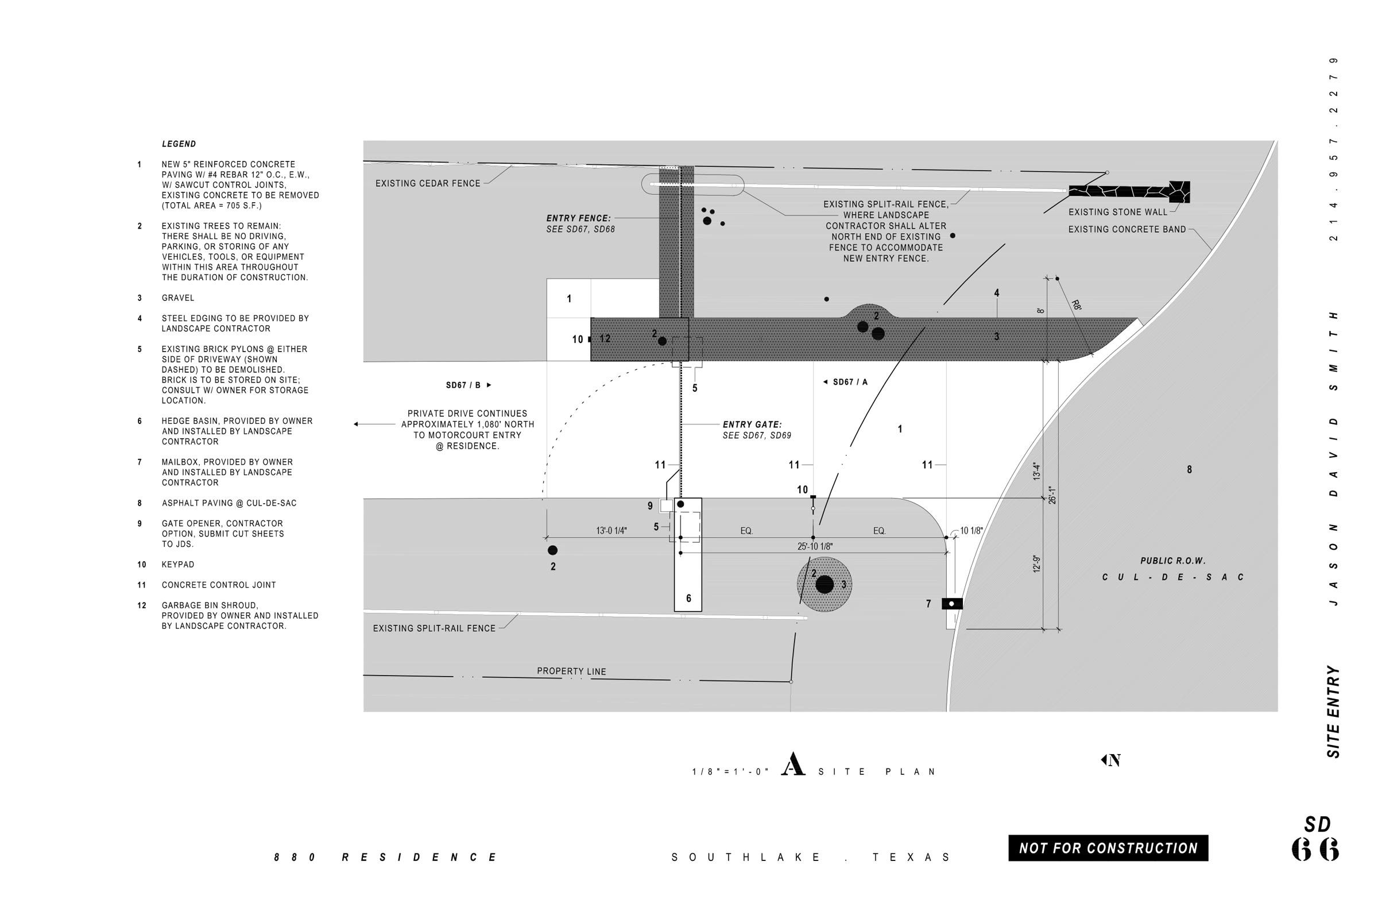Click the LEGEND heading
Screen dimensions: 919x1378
[179, 144]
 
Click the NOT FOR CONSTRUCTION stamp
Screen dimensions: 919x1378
[1108, 848]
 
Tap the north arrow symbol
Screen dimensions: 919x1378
[1111, 760]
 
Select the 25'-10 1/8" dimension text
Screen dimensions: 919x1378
[814, 547]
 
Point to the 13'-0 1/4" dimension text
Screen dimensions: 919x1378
[611, 531]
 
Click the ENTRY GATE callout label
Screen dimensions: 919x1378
[752, 425]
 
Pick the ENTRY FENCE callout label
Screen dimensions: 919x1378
[578, 219]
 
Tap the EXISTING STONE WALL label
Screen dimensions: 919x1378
[1118, 212]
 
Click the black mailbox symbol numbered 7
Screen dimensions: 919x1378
[951, 604]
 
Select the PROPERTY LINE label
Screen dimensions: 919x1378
[571, 671]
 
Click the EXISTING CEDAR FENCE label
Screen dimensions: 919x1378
[428, 183]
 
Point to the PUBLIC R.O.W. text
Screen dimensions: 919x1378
[1172, 561]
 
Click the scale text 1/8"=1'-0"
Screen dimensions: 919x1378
[729, 773]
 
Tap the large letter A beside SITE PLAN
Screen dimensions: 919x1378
[793, 764]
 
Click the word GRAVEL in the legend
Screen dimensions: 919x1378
[178, 298]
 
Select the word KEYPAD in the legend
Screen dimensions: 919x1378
[178, 565]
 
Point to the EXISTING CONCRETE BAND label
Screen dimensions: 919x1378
[1127, 230]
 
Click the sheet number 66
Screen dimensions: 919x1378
[1315, 849]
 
